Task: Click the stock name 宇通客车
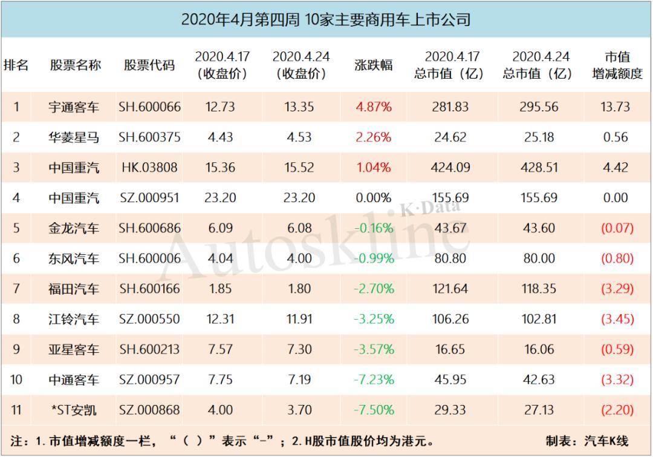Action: (x=74, y=107)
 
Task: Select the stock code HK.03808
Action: (x=149, y=168)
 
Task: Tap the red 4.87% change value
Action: (x=373, y=107)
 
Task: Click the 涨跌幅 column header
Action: (x=373, y=65)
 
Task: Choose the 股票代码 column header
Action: (x=149, y=65)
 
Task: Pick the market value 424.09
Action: (x=450, y=168)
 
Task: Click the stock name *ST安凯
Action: (x=74, y=410)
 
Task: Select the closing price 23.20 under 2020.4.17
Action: (x=221, y=198)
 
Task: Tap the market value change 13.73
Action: (x=616, y=107)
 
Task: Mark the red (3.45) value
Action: (x=617, y=319)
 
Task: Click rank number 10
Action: (x=16, y=380)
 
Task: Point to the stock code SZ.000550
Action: (x=149, y=319)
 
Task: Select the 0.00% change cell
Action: (x=373, y=198)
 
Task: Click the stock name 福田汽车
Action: (x=74, y=289)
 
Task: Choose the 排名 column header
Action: (x=16, y=65)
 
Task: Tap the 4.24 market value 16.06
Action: (x=538, y=349)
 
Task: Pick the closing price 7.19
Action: (x=299, y=380)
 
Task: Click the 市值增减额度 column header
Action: (x=617, y=65)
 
